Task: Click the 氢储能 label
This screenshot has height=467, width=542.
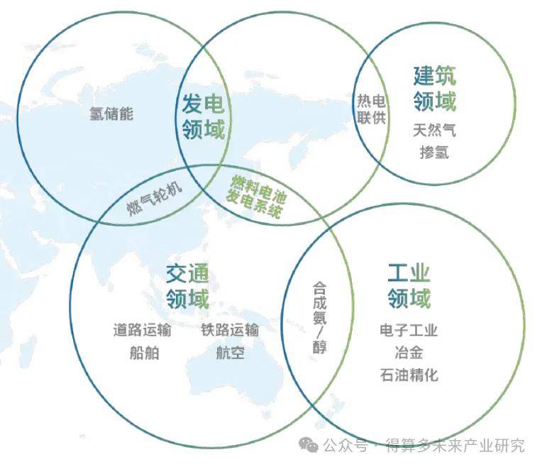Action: [x=111, y=114]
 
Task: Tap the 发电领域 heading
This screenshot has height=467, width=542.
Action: [x=203, y=117]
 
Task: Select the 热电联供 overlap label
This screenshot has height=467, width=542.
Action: [x=372, y=109]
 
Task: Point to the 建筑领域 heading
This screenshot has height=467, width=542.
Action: [x=434, y=89]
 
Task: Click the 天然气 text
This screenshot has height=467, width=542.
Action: [x=434, y=131]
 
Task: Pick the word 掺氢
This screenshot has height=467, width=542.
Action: [x=434, y=152]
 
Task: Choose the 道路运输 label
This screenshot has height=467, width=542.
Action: [x=142, y=330]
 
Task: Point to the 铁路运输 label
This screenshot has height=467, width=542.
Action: [x=230, y=330]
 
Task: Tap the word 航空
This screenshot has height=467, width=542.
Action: [x=230, y=353]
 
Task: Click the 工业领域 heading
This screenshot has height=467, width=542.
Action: [x=409, y=285]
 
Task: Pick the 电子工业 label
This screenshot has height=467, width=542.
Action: [x=409, y=330]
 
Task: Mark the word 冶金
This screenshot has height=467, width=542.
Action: [x=409, y=352]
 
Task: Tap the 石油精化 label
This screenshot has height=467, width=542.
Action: [x=409, y=374]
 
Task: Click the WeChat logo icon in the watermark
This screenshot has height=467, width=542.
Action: [x=309, y=445]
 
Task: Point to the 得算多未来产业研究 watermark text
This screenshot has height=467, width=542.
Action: [x=455, y=446]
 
